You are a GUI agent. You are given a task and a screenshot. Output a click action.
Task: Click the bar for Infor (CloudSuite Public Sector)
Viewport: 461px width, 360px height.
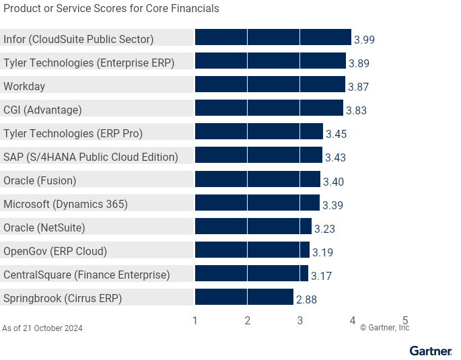273,38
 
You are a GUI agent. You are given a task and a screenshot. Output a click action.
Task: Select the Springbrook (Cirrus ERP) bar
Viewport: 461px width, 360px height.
244,297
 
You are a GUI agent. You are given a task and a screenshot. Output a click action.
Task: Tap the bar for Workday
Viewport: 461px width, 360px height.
269,85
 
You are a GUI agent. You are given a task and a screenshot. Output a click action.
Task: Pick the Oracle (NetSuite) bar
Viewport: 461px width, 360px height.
253,227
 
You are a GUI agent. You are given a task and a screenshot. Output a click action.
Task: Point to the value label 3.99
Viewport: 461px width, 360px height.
364,40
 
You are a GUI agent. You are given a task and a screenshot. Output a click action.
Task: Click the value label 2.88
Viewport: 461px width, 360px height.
306,299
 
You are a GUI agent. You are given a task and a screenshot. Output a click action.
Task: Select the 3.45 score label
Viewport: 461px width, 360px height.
336,134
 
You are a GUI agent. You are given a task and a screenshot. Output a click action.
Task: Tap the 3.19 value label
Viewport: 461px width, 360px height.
322,252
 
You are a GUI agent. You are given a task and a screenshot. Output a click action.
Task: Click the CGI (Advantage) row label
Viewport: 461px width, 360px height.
42,110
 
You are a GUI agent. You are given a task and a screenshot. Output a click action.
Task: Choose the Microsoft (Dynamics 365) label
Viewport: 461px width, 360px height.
65,204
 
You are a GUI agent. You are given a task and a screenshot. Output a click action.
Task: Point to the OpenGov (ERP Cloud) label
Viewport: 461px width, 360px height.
55,251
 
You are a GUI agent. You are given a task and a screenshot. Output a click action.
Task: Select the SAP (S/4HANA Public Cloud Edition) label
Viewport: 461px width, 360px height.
91,157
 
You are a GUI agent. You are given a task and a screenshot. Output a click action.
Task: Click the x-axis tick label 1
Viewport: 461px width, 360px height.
195,321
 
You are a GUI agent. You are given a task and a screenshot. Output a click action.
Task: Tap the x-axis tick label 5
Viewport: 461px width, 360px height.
405,321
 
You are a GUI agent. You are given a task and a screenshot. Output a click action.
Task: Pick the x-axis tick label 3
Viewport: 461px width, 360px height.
300,321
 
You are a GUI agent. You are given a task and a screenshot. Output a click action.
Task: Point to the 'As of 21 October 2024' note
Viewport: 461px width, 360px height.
42,328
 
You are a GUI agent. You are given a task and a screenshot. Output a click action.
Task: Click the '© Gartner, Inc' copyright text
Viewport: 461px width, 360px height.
384,328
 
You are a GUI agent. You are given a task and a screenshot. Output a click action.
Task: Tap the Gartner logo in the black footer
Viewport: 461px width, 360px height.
431,351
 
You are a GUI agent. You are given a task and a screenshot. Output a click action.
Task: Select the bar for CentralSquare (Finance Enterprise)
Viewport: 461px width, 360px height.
251,274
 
